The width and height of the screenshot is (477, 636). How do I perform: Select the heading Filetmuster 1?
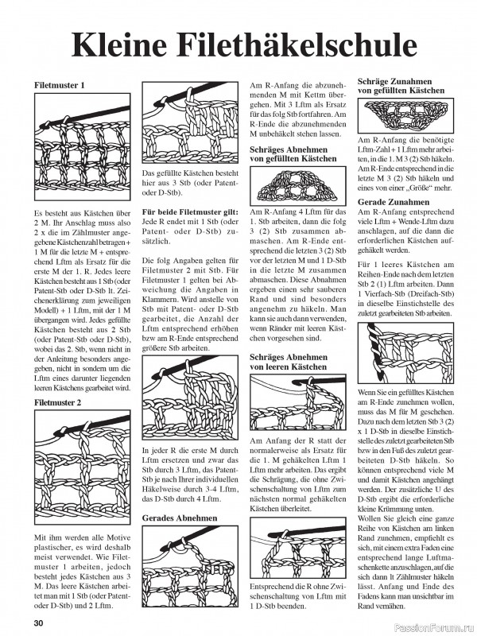tap(59, 84)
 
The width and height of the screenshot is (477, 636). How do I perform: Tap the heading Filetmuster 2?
tap(59, 403)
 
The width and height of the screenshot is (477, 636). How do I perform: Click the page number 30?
tap(38, 622)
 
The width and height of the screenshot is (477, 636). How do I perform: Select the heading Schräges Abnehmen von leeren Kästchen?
tap(288, 363)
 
